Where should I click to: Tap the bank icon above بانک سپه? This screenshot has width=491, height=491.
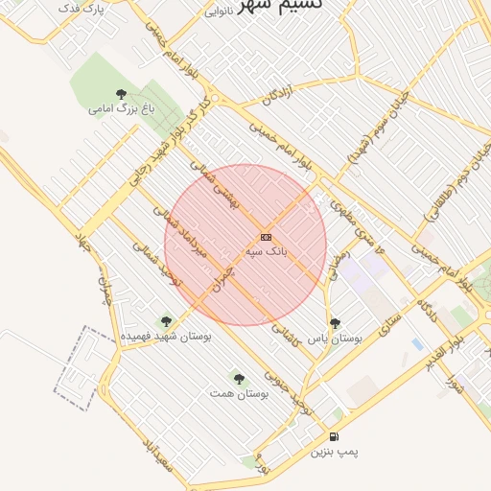(266, 237)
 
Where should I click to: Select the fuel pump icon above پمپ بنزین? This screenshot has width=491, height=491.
(333, 436)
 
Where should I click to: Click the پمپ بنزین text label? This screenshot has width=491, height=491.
(333, 452)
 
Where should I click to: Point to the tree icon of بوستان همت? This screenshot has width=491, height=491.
(238, 380)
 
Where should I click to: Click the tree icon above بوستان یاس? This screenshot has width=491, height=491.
(335, 323)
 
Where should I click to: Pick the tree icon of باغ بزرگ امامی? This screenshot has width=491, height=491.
(121, 94)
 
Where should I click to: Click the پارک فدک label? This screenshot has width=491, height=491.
(82, 9)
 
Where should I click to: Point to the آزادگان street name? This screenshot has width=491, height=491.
(269, 94)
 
